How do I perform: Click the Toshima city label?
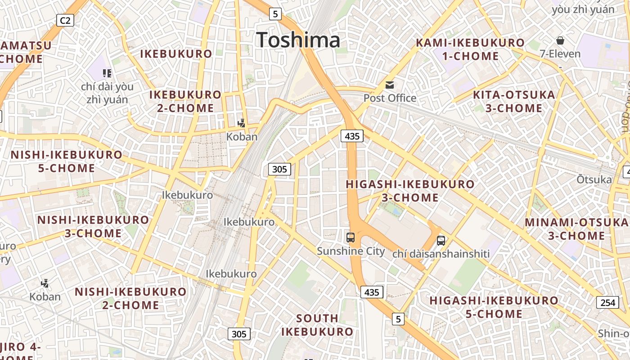298,40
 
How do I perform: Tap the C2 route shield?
65,20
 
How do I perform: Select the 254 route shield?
607,302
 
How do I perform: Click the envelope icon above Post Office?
390,85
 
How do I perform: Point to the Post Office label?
390,98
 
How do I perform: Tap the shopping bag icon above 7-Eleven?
560,41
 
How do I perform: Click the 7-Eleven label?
560,54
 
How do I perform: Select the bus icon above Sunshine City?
351,237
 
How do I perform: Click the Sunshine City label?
351,251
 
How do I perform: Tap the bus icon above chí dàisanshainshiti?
441,241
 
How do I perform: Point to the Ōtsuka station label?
594,180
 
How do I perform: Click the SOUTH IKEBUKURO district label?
317,325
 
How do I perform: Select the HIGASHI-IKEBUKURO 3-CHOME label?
410,191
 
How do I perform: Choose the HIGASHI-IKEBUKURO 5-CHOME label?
494,307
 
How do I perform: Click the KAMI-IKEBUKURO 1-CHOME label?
470,49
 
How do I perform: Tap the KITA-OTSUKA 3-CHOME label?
514,102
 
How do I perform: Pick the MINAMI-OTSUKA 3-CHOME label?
576,229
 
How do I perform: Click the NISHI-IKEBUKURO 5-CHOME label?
67,162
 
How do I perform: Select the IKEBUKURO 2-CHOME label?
185,101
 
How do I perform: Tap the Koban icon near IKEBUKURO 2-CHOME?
242,122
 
